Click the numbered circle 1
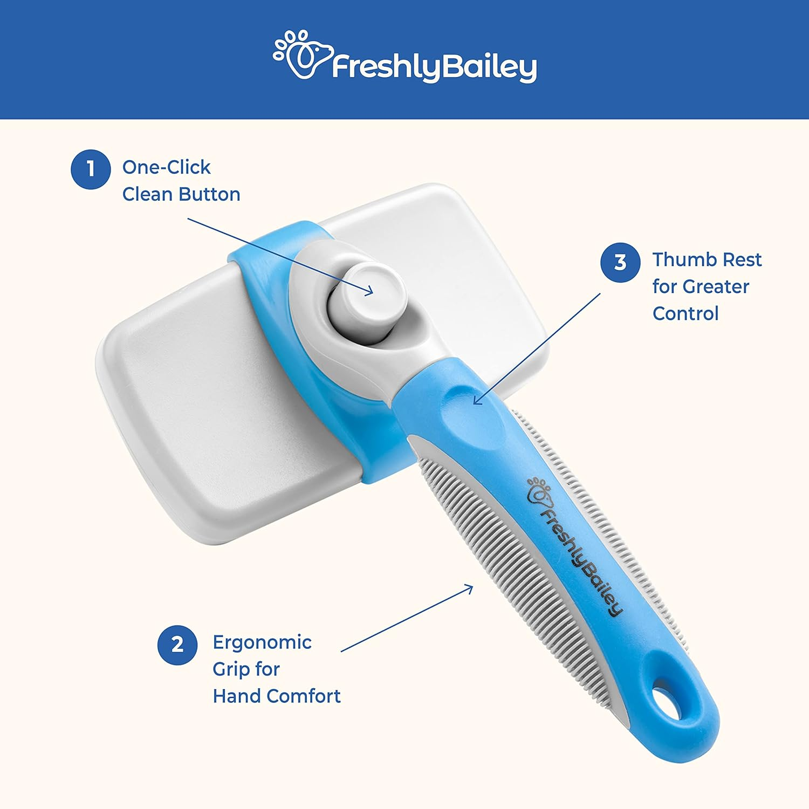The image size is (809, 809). point(91,169)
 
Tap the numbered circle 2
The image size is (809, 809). point(177,645)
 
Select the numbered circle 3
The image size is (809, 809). point(620,262)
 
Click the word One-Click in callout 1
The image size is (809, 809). point(166,168)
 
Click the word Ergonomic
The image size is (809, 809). point(262,642)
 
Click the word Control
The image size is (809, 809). point(685,313)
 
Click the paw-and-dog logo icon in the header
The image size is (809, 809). point(301,55)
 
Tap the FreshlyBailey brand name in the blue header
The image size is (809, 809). point(434,67)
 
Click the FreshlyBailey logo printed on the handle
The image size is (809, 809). point(574,545)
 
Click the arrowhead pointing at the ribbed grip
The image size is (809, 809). point(471,587)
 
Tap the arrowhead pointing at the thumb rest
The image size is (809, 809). point(476,401)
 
